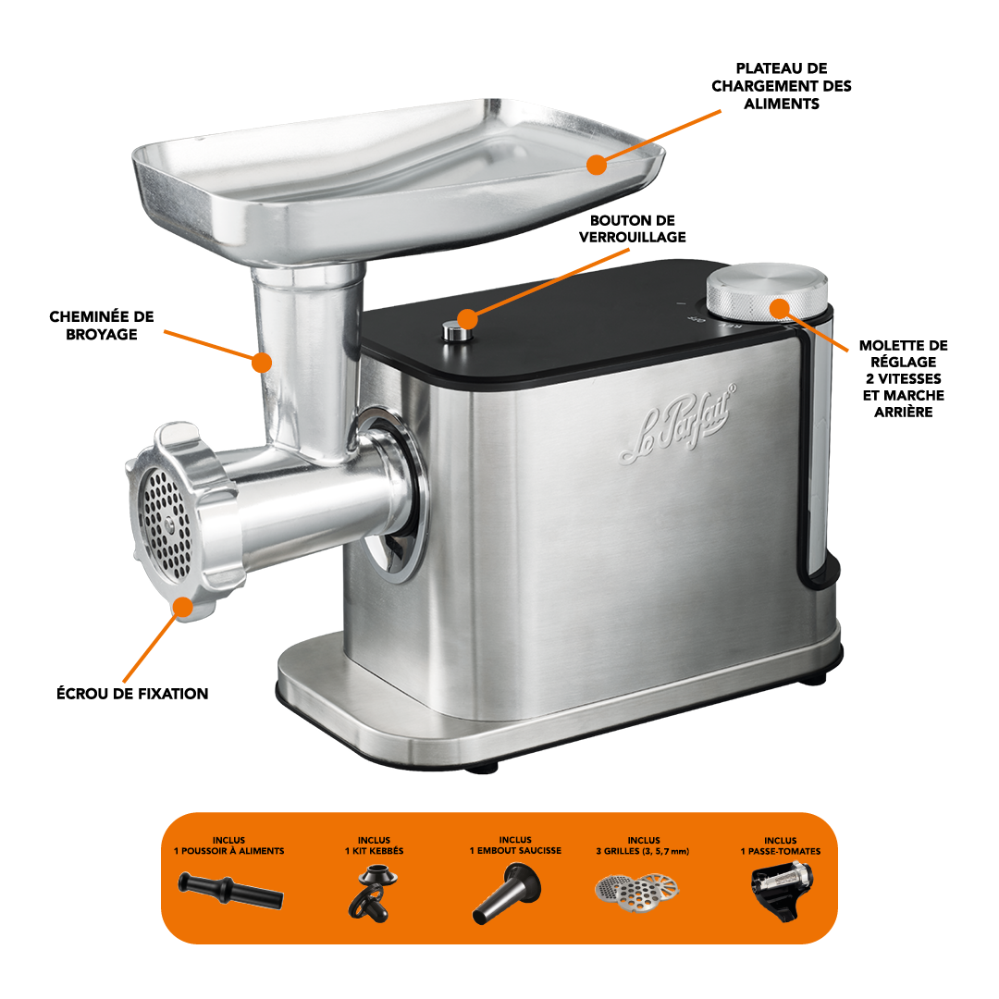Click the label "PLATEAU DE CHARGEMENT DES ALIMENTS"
[x=781, y=86]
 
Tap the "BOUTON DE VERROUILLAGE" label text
[x=632, y=228]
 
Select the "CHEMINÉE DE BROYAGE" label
[x=102, y=325]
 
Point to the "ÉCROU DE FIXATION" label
[x=132, y=693]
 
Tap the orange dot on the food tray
[x=597, y=165]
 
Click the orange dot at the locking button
[x=467, y=318]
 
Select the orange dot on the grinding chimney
[x=261, y=363]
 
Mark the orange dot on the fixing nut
[x=183, y=607]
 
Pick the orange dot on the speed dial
[x=779, y=308]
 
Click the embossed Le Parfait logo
[x=678, y=424]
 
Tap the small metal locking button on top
[x=453, y=331]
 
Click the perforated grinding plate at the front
[x=165, y=523]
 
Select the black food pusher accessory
[x=230, y=891]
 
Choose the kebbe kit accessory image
[x=374, y=892]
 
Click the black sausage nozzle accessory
[x=508, y=892]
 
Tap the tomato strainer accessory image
[x=782, y=890]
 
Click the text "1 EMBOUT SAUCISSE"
[x=515, y=851]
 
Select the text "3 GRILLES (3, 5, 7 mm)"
[x=643, y=851]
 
